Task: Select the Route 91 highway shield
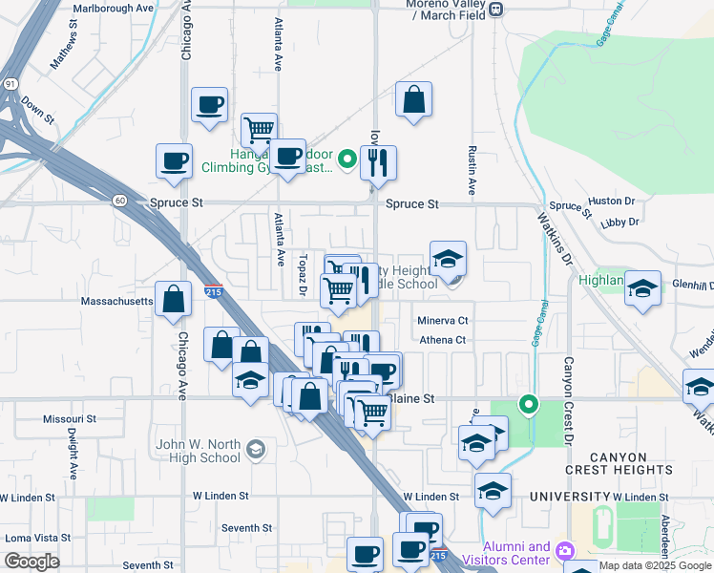tap(9, 85)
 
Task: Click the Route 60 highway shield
tap(117, 200)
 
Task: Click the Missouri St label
tap(70, 418)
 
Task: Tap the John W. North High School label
tap(200, 450)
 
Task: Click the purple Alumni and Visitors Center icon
tap(565, 551)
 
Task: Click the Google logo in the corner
tap(31, 562)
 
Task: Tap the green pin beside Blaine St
tap(527, 405)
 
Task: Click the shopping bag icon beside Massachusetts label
tap(174, 299)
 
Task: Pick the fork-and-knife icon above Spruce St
tap(379, 163)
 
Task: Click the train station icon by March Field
tap(495, 10)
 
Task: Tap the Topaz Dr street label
tap(302, 275)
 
